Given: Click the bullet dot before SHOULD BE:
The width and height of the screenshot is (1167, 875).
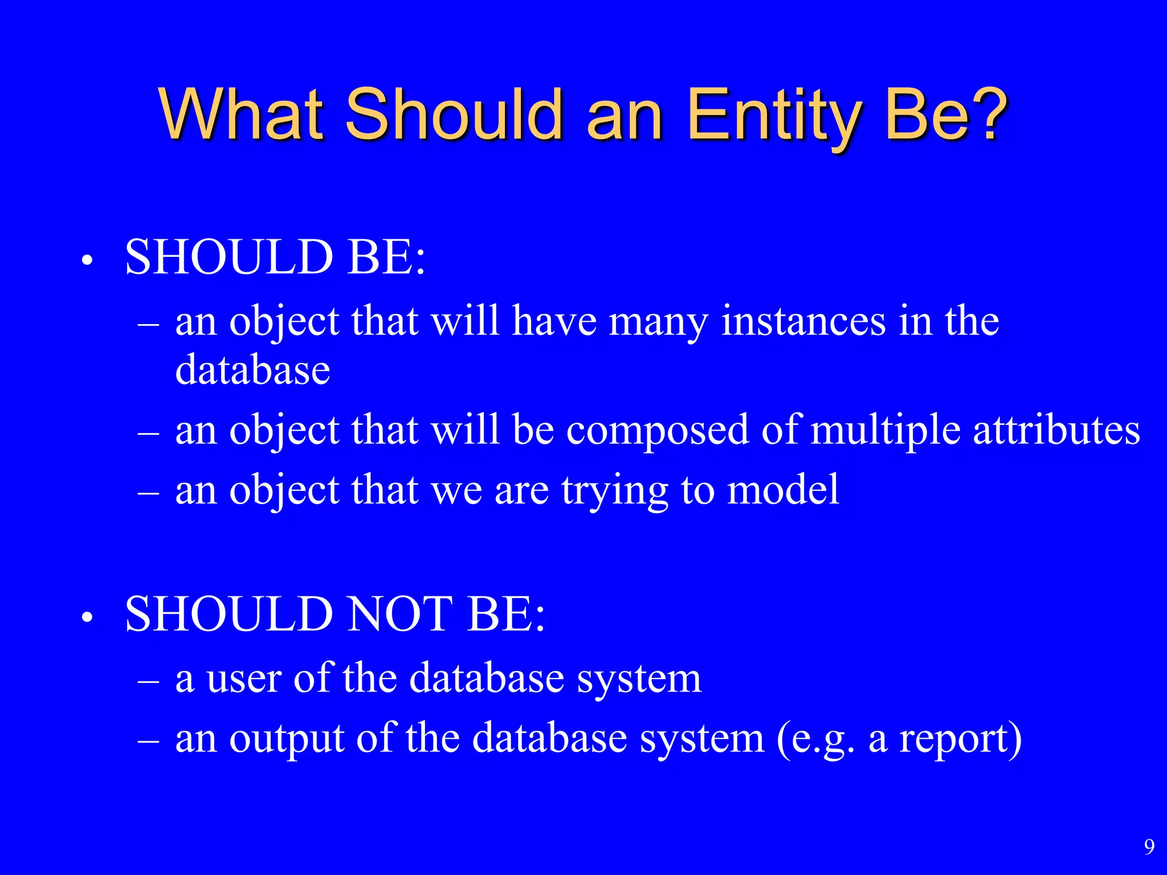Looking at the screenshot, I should tap(87, 261).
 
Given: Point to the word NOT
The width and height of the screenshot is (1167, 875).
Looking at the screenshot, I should tap(400, 614).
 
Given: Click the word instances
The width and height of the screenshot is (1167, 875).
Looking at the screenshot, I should tap(803, 321).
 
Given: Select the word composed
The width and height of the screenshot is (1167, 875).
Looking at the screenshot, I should tap(657, 430).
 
